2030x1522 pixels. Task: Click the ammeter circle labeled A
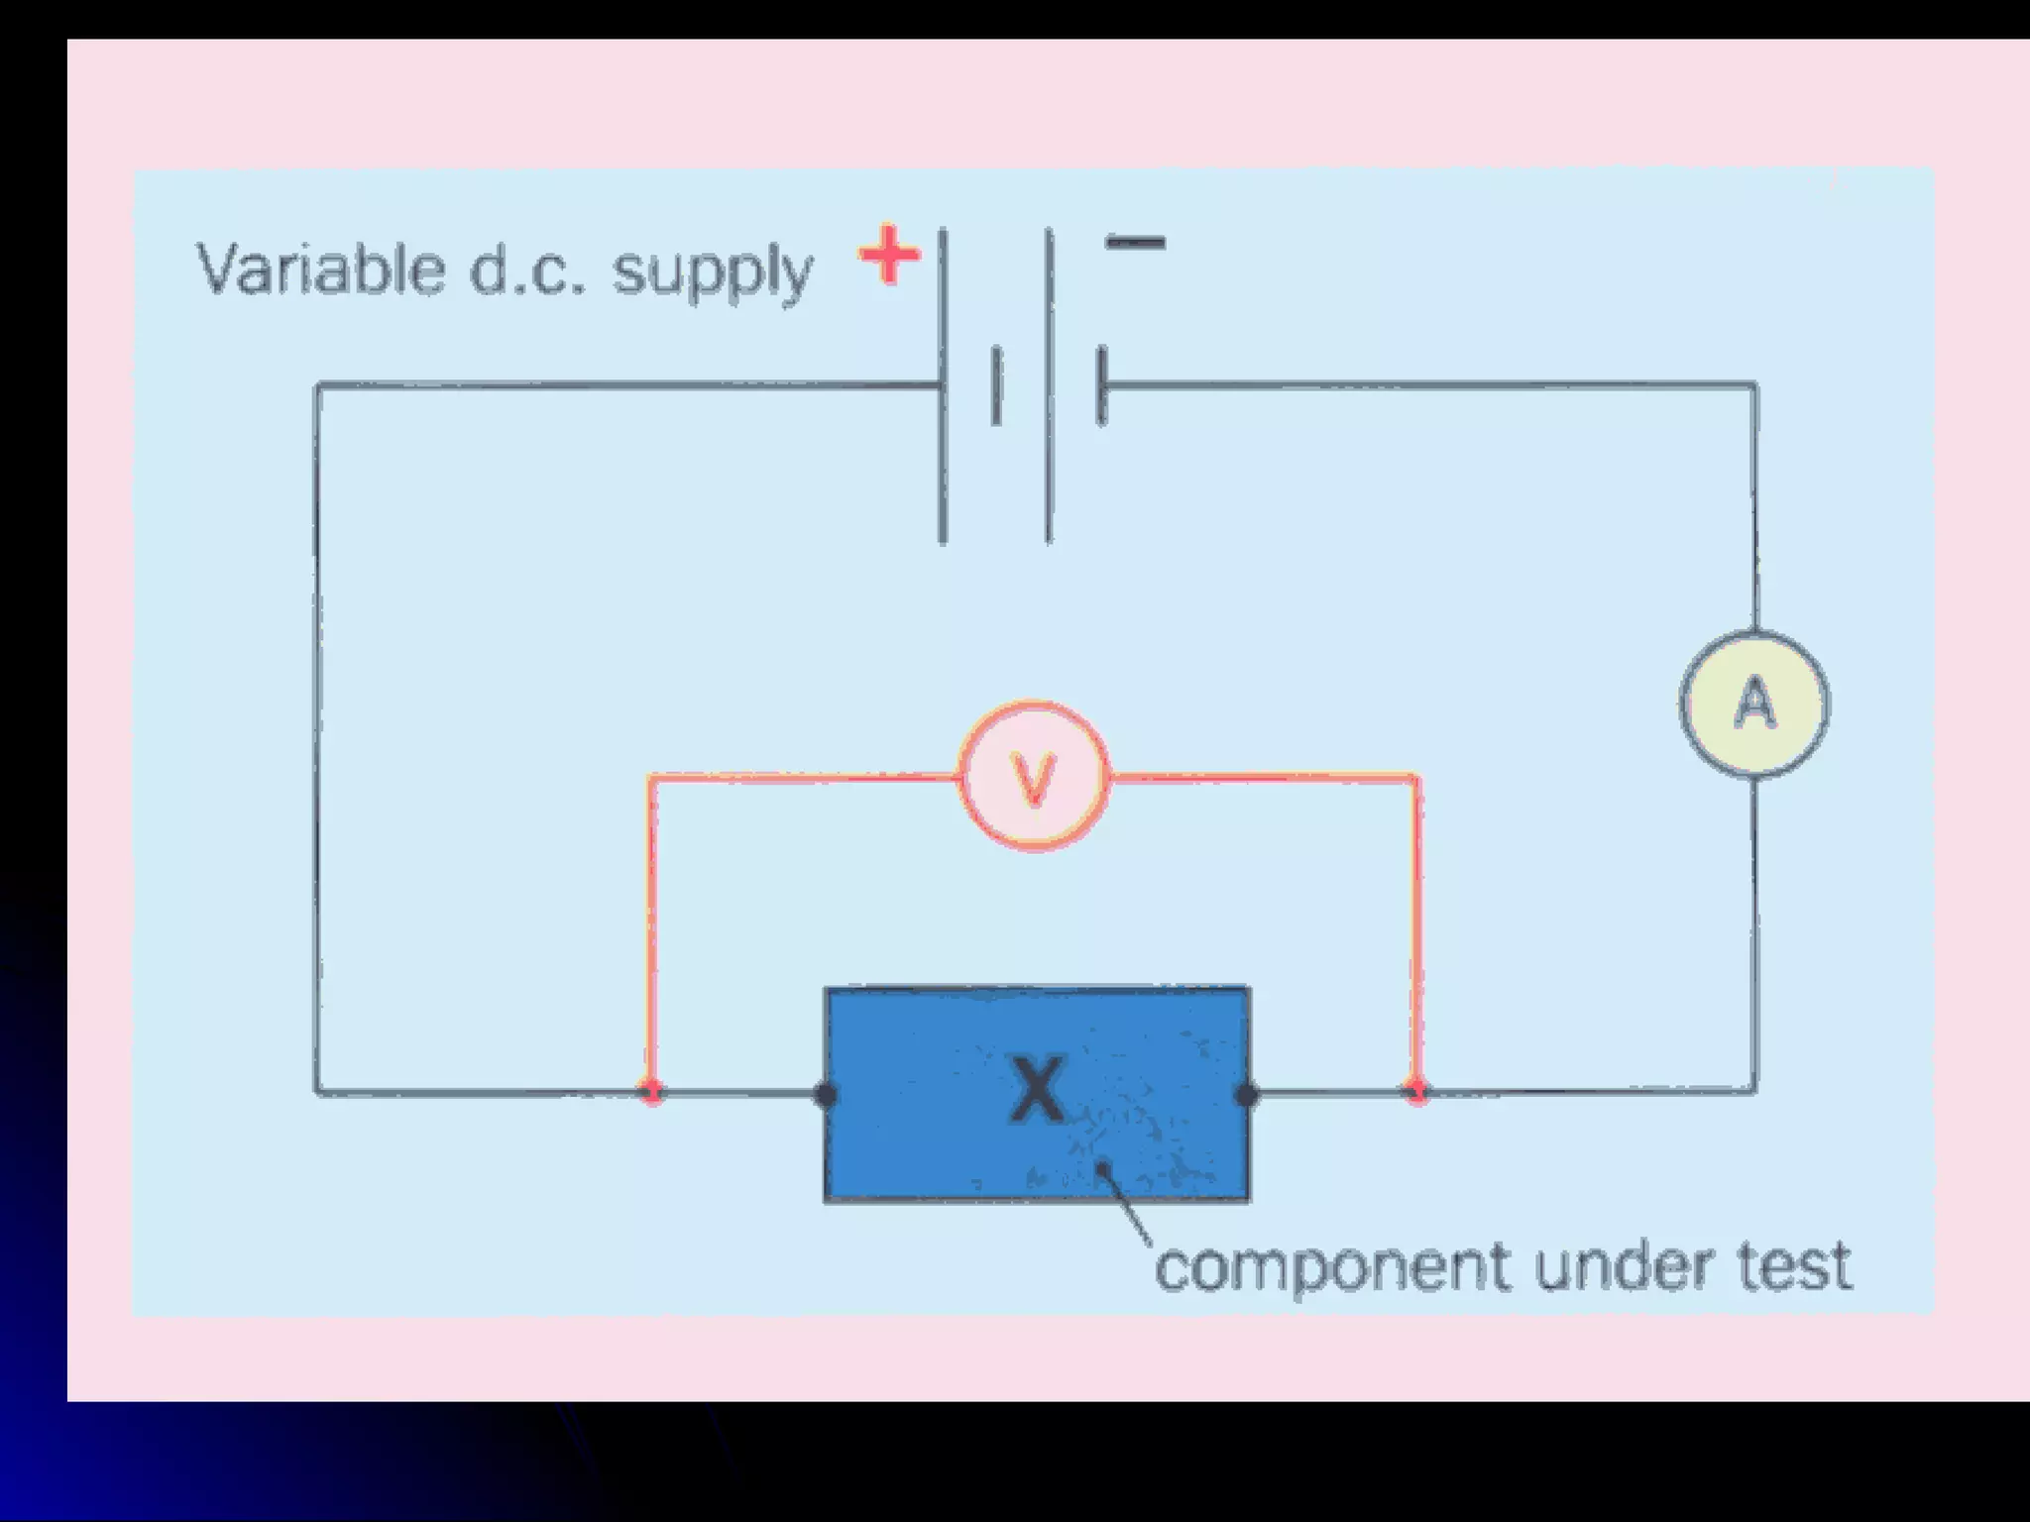pyautogui.click(x=1754, y=705)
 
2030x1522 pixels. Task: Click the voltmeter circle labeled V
pyautogui.click(x=1034, y=776)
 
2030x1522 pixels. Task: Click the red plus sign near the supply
pyautogui.click(x=889, y=255)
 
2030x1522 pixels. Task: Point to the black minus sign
pyautogui.click(x=1135, y=243)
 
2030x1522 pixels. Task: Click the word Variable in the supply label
pyautogui.click(x=320, y=269)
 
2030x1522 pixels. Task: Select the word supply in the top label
pyautogui.click(x=713, y=272)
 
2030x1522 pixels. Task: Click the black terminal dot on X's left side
pyautogui.click(x=825, y=1094)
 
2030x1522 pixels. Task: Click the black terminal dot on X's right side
pyautogui.click(x=1247, y=1094)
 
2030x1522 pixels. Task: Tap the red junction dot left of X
pyautogui.click(x=651, y=1092)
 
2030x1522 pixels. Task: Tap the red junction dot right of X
pyautogui.click(x=1418, y=1092)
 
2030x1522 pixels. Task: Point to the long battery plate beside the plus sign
pyautogui.click(x=943, y=386)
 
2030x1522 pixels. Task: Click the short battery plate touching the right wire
pyautogui.click(x=1102, y=386)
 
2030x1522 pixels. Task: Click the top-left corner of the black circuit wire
pyautogui.click(x=317, y=386)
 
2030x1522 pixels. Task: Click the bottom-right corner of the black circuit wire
pyautogui.click(x=1755, y=1092)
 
